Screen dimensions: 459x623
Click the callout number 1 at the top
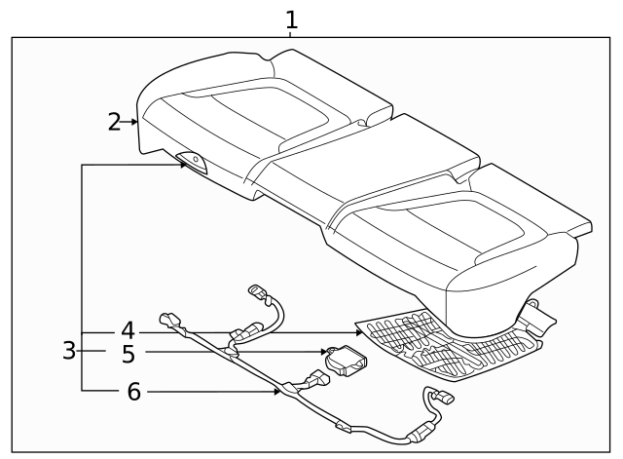pyautogui.click(x=291, y=19)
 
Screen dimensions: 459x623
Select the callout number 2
pyautogui.click(x=115, y=122)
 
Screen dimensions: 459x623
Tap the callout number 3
pyautogui.click(x=69, y=351)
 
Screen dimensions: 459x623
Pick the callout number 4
pyautogui.click(x=128, y=330)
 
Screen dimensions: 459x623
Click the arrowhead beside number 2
pyautogui.click(x=134, y=122)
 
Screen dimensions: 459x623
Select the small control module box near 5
pyautogui.click(x=348, y=362)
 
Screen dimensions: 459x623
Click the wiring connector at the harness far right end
pyautogui.click(x=440, y=399)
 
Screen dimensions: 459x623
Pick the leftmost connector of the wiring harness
pyautogui.click(x=170, y=321)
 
